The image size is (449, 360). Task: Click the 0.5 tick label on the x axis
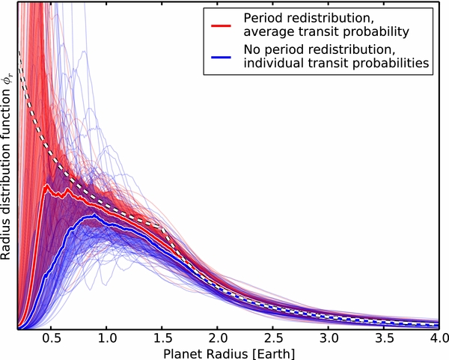(x=50, y=338)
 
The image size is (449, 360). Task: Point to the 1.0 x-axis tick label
(x=106, y=338)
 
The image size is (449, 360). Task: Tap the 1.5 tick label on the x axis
(x=161, y=338)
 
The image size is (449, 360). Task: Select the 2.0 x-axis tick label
(x=216, y=338)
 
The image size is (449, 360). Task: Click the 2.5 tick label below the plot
(x=272, y=338)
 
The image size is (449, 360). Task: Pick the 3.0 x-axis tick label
(x=328, y=338)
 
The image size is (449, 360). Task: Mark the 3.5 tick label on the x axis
(x=383, y=338)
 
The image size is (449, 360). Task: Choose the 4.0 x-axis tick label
(x=436, y=338)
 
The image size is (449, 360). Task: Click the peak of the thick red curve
(x=47, y=185)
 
